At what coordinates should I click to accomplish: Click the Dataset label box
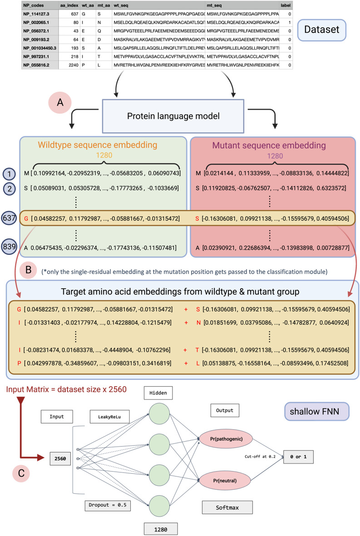[321, 30]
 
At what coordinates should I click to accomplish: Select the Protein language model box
[173, 116]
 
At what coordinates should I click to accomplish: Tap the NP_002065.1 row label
[36, 23]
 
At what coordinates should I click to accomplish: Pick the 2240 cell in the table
[74, 65]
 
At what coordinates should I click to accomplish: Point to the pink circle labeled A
[60, 102]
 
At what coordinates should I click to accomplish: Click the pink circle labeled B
[29, 270]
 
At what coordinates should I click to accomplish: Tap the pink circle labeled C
[21, 473]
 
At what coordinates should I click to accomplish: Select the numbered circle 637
[9, 218]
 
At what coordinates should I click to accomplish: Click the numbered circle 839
[9, 246]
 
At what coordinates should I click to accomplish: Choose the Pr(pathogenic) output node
[227, 439]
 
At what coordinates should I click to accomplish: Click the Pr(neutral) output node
[225, 481]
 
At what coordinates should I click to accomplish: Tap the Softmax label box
[227, 507]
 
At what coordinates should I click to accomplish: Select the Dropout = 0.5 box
[108, 505]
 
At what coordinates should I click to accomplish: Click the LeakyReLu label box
[109, 417]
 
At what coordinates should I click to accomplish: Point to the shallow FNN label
[315, 412]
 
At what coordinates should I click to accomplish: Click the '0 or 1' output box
[298, 457]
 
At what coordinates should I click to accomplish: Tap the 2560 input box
[60, 459]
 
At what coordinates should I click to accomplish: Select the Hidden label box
[158, 393]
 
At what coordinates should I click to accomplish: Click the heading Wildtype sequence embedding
[98, 145]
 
